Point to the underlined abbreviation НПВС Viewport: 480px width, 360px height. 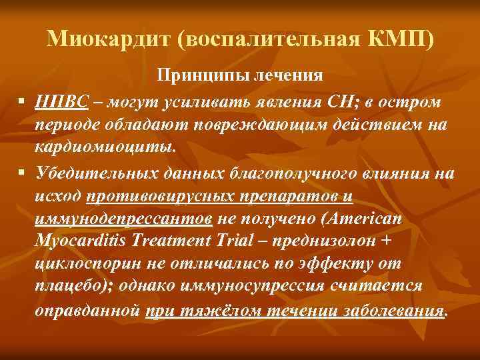63,103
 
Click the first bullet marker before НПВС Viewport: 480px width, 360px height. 22,103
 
